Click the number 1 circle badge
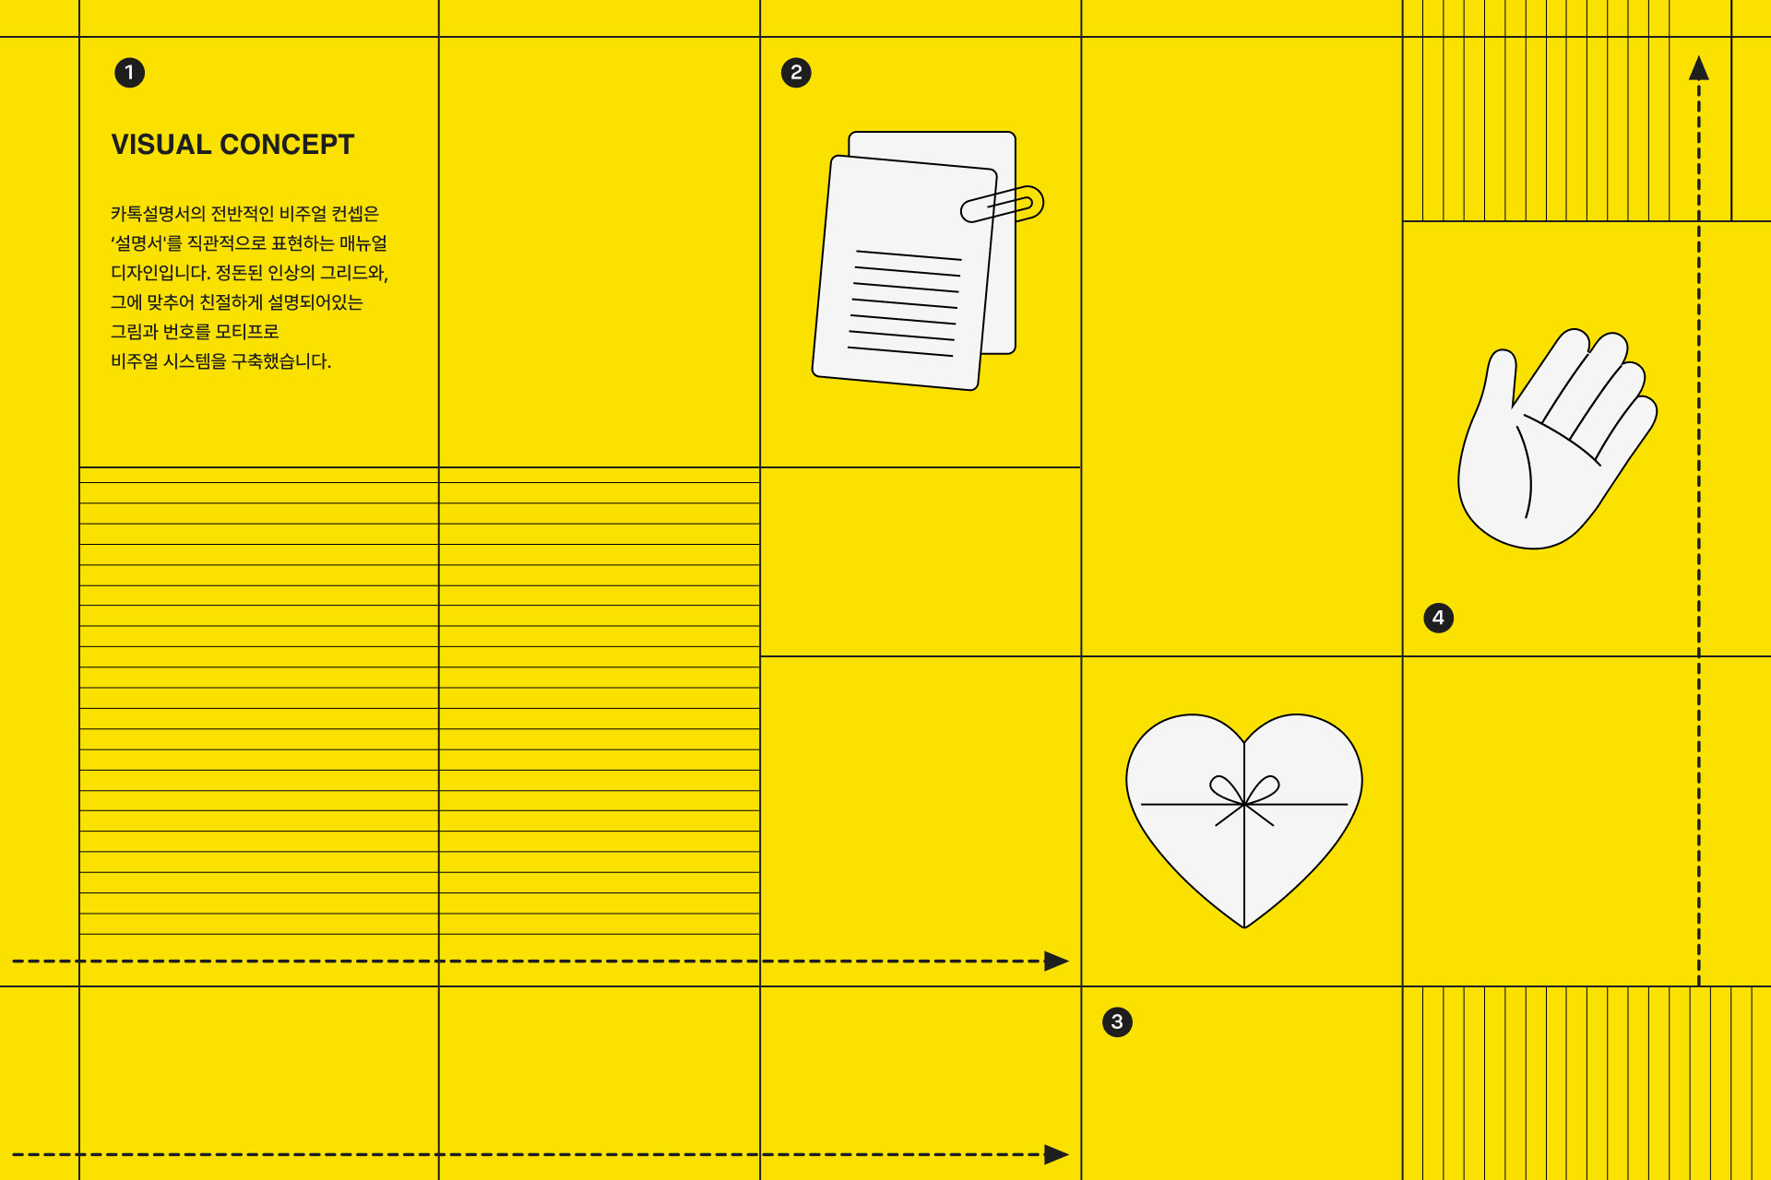pos(129,72)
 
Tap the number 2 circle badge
pos(796,72)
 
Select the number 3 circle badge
pos(1117,1021)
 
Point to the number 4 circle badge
pos(1438,618)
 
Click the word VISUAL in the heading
pos(161,145)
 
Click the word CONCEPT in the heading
pos(287,145)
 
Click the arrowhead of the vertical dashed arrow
pos(1699,68)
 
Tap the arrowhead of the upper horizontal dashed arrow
pos(1056,961)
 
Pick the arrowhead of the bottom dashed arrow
pos(1056,1154)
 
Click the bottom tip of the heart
pos(1244,925)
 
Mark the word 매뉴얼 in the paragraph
pos(363,243)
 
